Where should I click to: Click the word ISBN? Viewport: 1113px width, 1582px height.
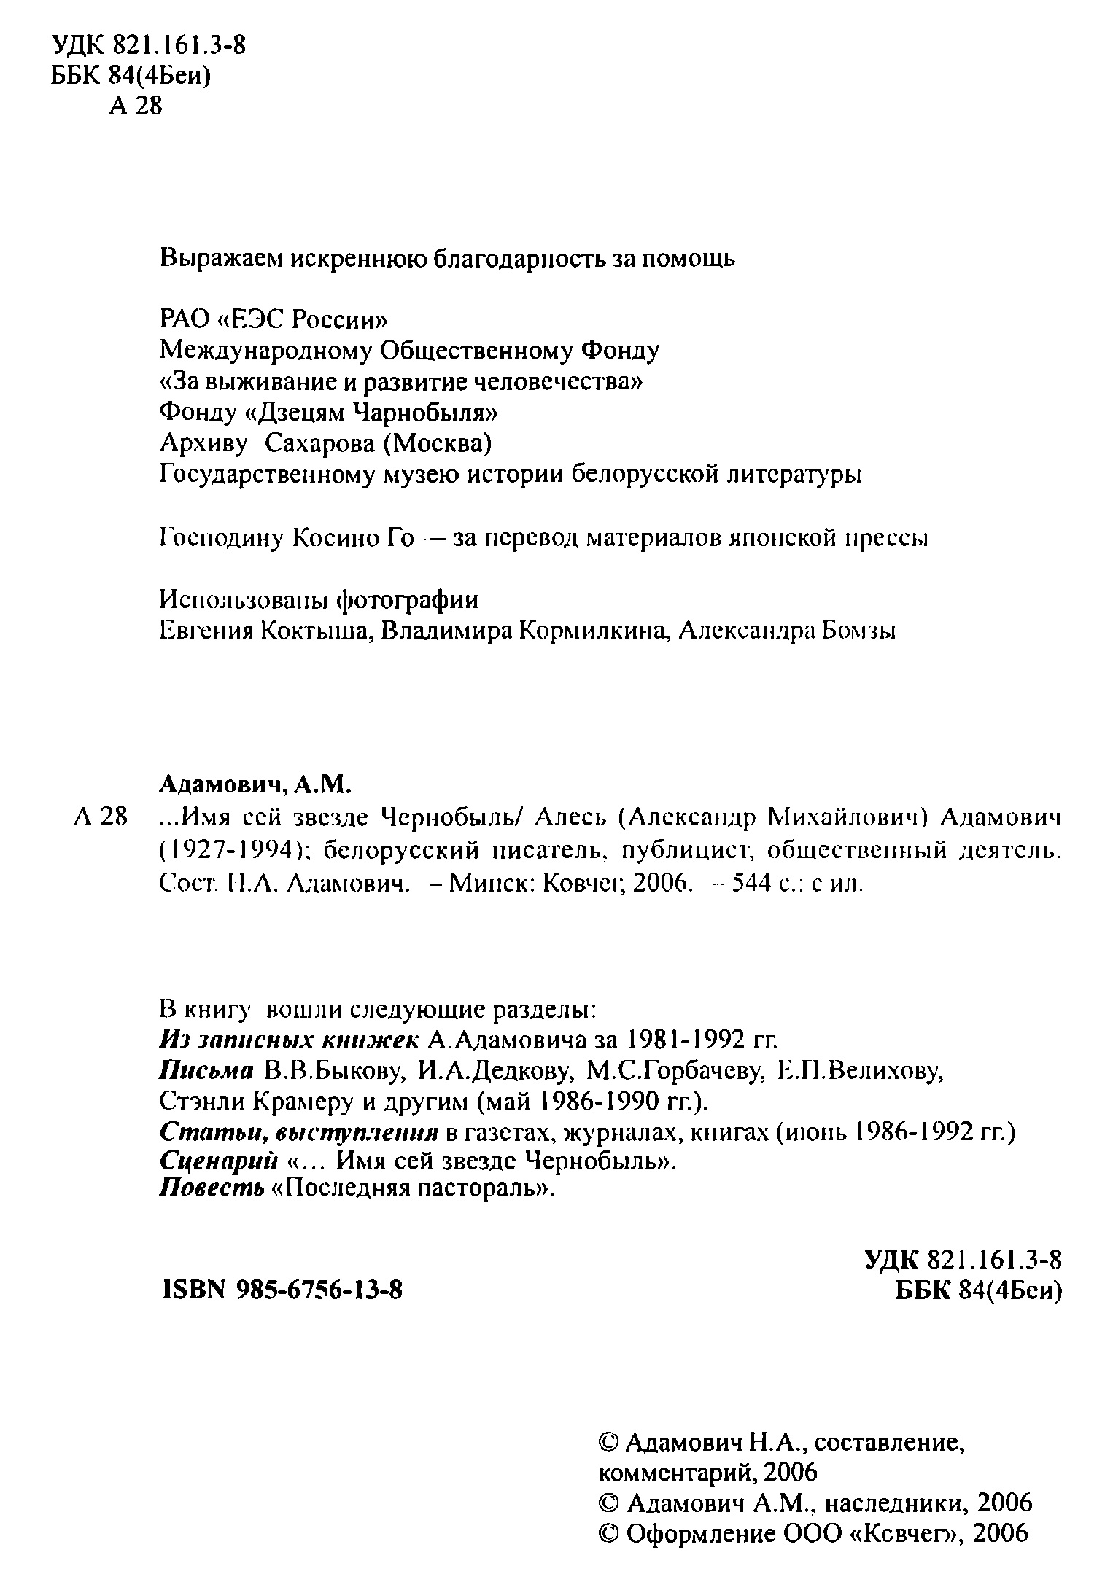(x=190, y=1291)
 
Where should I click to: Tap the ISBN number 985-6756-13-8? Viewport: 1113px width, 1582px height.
(x=320, y=1291)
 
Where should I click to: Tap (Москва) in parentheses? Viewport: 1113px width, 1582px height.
(x=438, y=444)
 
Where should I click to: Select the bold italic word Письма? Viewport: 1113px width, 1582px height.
(x=206, y=1070)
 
